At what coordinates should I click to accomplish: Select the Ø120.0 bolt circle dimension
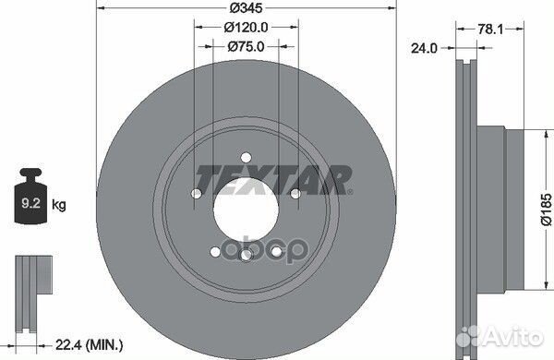(246, 28)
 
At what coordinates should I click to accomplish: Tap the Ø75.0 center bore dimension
(246, 45)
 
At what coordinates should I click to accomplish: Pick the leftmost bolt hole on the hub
(197, 194)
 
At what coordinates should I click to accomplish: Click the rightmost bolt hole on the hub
(295, 194)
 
